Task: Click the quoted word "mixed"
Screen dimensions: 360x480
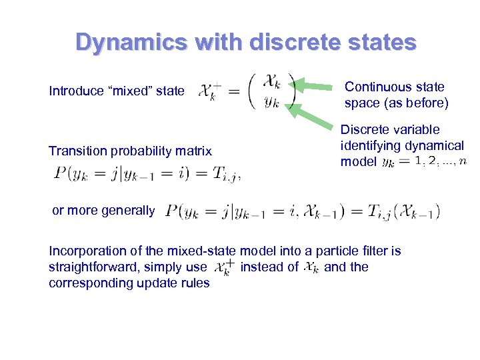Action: [131, 91]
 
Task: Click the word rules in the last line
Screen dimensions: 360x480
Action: [196, 283]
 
